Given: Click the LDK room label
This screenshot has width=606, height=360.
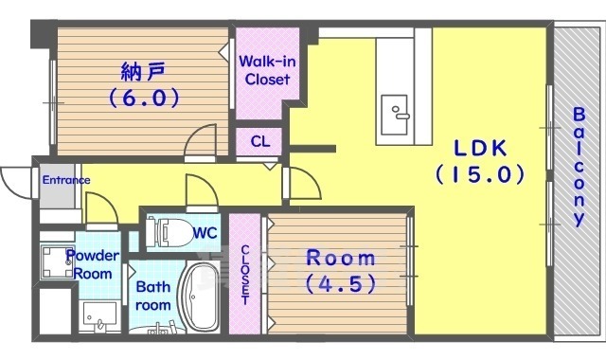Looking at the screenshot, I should (x=480, y=148).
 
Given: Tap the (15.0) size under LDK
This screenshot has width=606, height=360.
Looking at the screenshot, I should (x=480, y=174).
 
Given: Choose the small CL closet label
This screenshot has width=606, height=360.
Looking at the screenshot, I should (x=259, y=142).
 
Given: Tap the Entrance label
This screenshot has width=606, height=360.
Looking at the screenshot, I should (x=64, y=180).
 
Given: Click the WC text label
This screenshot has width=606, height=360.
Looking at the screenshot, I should (x=205, y=232).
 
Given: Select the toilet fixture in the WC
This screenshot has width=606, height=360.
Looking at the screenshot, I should (x=169, y=231).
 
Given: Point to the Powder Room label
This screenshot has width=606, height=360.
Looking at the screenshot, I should (x=92, y=263).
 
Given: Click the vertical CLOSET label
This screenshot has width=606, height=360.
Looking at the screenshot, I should (x=245, y=275).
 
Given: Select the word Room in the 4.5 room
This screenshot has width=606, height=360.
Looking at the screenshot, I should (x=339, y=258).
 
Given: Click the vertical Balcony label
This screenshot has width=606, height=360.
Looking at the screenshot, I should (x=577, y=167).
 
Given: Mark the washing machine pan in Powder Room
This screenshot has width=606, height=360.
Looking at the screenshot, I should (x=56, y=264).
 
